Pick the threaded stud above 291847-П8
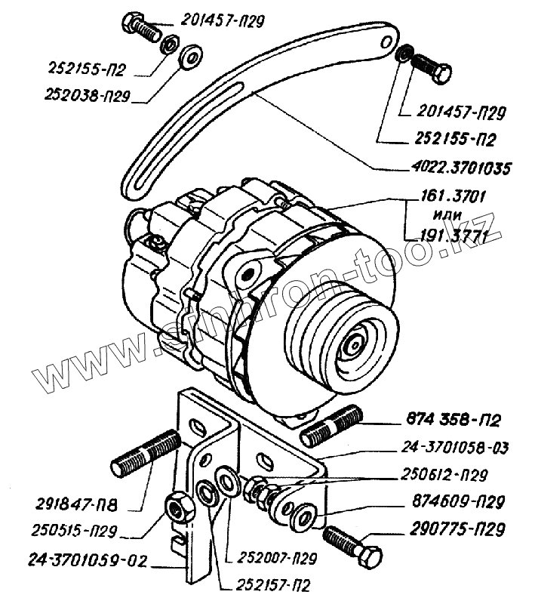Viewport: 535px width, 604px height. [146, 453]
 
